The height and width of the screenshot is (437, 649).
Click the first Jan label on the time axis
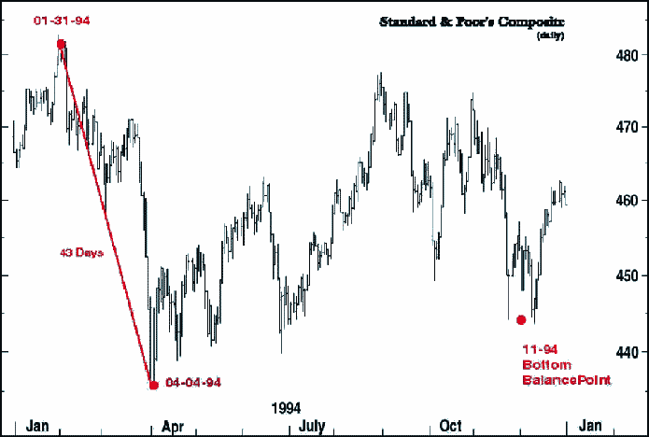(37, 425)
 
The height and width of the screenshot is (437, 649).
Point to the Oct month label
(451, 425)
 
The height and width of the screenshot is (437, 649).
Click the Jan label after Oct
(589, 425)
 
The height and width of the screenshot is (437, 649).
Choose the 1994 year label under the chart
(286, 408)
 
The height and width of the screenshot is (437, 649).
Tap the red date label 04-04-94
(193, 383)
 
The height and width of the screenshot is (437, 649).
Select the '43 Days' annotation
(81, 253)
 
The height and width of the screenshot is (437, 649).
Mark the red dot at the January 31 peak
(61, 44)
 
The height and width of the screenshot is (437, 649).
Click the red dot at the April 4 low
(153, 384)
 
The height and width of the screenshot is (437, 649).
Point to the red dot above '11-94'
(521, 320)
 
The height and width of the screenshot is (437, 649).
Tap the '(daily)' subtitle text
(551, 35)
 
